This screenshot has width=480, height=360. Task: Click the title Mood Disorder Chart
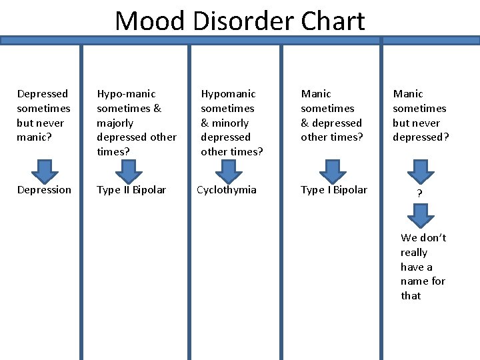tap(240, 21)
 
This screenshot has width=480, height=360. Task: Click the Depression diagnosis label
tap(44, 190)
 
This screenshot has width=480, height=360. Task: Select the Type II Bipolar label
tap(131, 190)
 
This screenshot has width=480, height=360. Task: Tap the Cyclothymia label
tap(227, 190)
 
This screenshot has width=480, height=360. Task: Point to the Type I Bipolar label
tap(334, 190)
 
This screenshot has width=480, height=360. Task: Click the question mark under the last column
tap(419, 194)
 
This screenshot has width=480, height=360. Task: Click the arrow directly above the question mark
tap(419, 171)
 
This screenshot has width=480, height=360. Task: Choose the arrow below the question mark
tap(419, 215)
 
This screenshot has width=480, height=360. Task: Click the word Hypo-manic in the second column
tap(126, 94)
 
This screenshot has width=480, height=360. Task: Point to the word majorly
tap(115, 123)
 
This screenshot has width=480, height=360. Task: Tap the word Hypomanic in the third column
tap(228, 94)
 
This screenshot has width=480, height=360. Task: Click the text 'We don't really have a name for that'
tap(423, 267)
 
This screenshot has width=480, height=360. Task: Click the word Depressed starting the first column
tap(43, 94)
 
